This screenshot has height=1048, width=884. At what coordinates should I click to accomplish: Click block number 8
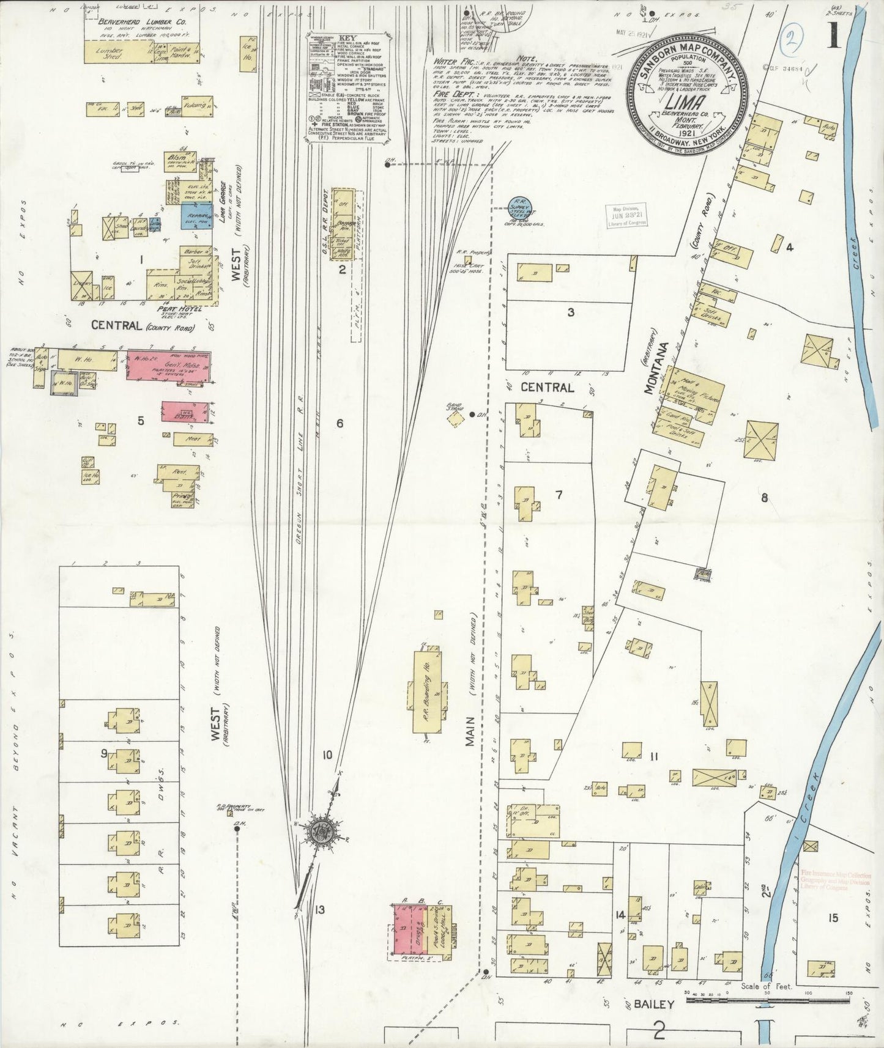tap(764, 497)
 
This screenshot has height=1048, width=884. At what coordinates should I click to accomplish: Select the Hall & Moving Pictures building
tap(694, 394)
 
